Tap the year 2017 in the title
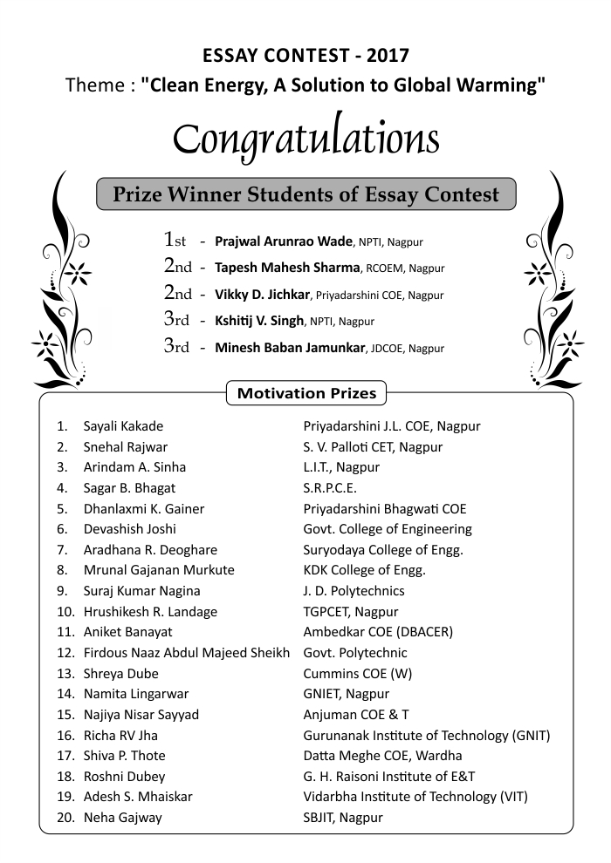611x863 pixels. click(388, 56)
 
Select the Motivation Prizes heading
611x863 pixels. click(306, 393)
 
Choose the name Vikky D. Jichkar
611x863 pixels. click(263, 295)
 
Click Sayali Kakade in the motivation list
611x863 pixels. click(123, 426)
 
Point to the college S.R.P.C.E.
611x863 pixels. click(330, 488)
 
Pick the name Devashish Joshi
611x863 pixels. click(129, 529)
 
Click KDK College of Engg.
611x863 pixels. click(364, 570)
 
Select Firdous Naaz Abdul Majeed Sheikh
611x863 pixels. click(186, 653)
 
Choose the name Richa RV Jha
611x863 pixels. click(120, 736)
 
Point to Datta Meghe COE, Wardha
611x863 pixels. click(382, 756)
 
